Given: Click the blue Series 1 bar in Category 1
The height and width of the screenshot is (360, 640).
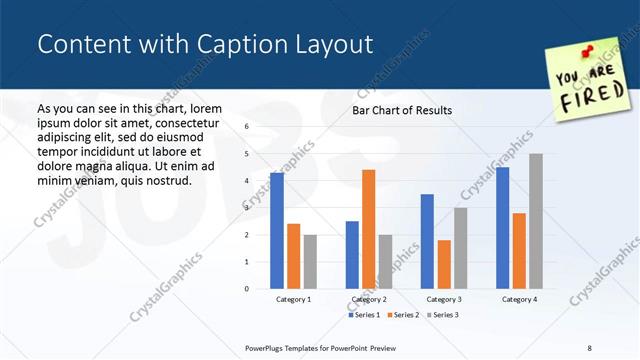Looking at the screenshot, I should coord(277,231).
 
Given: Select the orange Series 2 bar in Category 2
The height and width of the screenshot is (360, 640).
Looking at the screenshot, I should coord(368,229).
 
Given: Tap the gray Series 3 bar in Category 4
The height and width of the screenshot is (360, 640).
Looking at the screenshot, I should coord(535,221).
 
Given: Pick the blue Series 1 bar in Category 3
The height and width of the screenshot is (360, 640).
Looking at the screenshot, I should coord(427,241).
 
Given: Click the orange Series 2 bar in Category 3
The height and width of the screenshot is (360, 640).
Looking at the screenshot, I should coord(444,264).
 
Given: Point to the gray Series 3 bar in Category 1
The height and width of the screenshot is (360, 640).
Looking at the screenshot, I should coord(310,261).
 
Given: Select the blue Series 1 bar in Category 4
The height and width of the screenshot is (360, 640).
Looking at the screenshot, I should coord(502,228).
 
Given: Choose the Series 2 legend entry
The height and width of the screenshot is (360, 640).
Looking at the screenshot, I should coord(404,315).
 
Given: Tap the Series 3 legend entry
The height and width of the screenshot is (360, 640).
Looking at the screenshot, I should coord(442,315).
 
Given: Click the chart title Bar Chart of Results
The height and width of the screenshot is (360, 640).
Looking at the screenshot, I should coord(402,110).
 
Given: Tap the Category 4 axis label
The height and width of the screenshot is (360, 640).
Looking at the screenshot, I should coord(519,299).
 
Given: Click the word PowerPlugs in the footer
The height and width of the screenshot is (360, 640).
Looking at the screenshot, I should coord(267,348).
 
